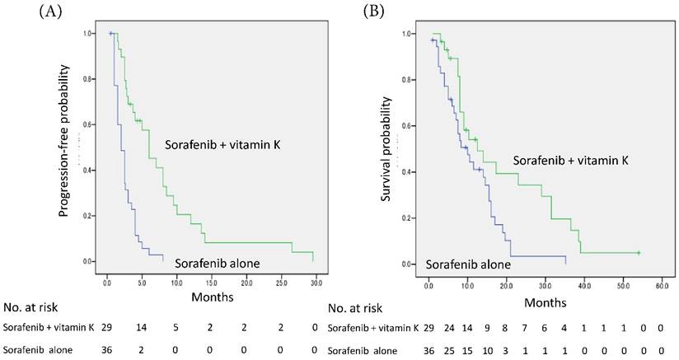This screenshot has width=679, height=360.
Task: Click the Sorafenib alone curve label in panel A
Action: tap(218, 263)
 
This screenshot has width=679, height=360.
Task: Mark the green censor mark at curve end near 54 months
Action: tap(639, 252)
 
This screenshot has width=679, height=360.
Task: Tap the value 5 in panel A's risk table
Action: tap(176, 328)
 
